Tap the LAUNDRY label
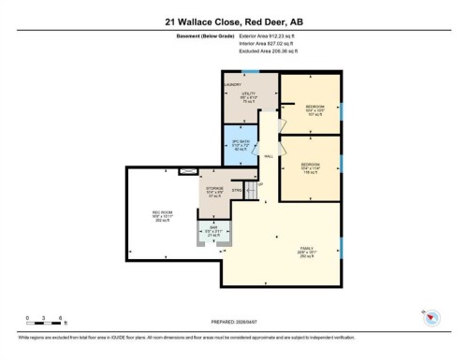pyautogui.click(x=232, y=84)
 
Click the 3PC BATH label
pyautogui.click(x=241, y=143)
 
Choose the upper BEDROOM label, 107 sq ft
pyautogui.click(x=314, y=110)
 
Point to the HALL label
pyautogui.click(x=268, y=156)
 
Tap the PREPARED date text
pyautogui.click(x=233, y=324)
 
